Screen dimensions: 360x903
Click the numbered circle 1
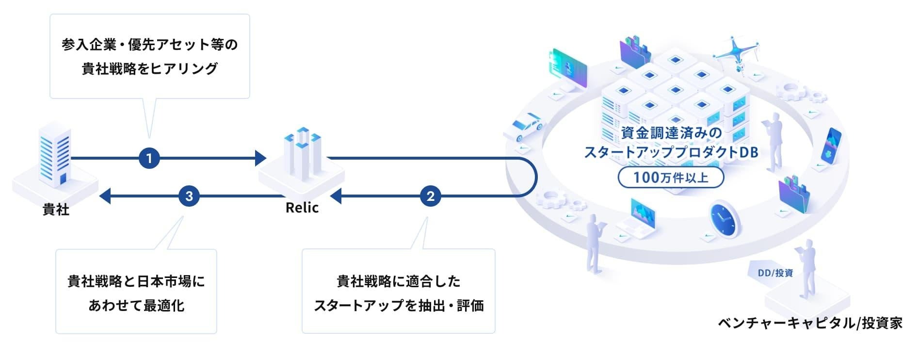tap(149, 158)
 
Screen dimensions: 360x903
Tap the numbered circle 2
tap(430, 196)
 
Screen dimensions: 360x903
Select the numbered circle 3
tap(189, 196)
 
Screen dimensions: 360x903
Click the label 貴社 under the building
tap(56, 210)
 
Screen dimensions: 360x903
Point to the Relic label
tap(302, 208)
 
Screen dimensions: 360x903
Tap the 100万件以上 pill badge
tap(671, 178)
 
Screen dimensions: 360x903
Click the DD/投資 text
tap(775, 273)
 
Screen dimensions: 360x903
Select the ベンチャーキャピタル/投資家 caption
tap(810, 323)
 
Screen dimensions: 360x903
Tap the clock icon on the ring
tap(724, 219)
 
